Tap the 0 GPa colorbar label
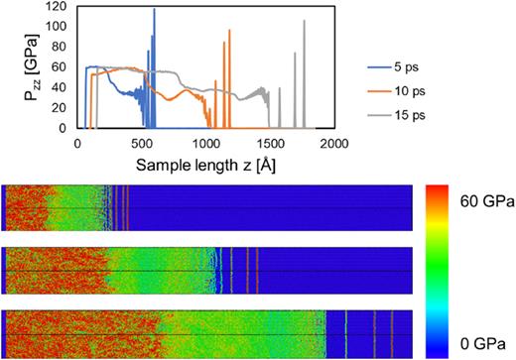480,342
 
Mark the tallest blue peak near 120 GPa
154,10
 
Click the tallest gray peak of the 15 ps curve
305,21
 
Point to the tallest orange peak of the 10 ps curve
229,31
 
